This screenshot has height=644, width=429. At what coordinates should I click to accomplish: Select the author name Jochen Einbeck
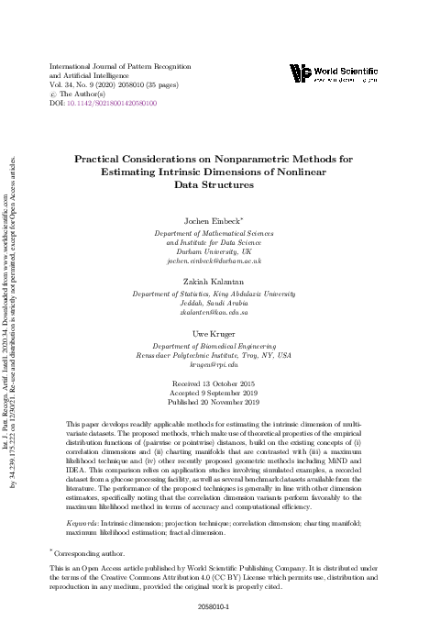point(214,221)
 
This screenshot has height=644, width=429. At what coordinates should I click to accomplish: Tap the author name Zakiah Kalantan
point(215,283)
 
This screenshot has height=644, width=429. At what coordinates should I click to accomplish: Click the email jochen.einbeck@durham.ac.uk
point(215,261)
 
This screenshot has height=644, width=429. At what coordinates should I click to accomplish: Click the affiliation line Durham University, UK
point(215,251)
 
